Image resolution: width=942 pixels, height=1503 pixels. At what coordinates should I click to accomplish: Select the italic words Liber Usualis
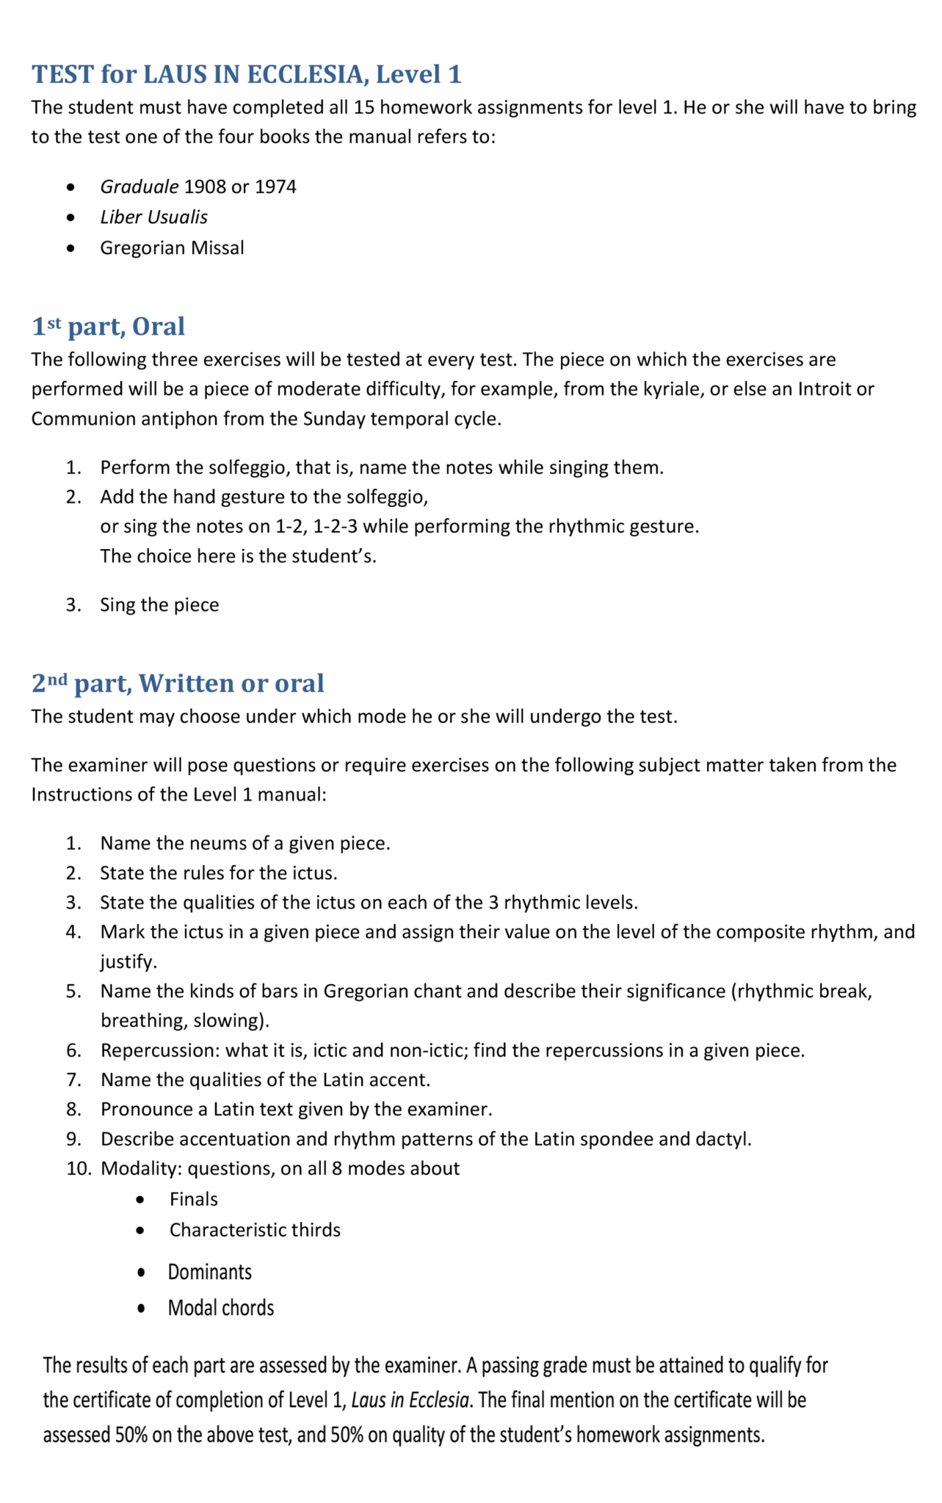(153, 217)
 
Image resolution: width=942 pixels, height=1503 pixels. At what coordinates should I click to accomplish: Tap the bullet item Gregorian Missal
(172, 248)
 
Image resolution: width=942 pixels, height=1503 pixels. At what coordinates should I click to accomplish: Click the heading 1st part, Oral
(108, 327)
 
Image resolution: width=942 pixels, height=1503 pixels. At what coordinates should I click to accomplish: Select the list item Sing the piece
(159, 605)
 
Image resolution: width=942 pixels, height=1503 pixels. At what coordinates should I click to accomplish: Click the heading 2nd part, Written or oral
(178, 683)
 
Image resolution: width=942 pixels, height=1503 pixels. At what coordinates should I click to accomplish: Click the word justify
(128, 961)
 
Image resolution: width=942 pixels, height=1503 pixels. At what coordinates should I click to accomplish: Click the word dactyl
(728, 1139)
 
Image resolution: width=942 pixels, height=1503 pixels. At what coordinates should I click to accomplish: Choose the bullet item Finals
(193, 1199)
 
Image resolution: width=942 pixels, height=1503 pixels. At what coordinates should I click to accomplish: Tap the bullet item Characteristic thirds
(255, 1230)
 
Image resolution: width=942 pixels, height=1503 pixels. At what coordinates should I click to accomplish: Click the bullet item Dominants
(209, 1272)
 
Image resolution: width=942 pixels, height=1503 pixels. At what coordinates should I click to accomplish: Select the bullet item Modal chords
(220, 1308)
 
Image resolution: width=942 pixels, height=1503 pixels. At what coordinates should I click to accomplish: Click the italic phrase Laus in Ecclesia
(410, 1400)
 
